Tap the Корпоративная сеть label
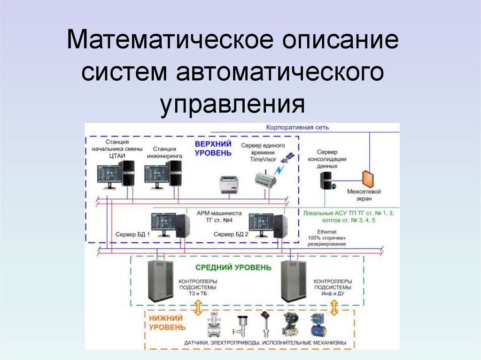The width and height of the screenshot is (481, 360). [x=297, y=127]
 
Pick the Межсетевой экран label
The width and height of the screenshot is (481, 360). [x=364, y=195]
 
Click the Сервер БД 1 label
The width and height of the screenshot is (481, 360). [x=133, y=234]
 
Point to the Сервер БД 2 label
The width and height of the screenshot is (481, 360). [x=231, y=234]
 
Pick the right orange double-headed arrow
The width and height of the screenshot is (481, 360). [x=334, y=308]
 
